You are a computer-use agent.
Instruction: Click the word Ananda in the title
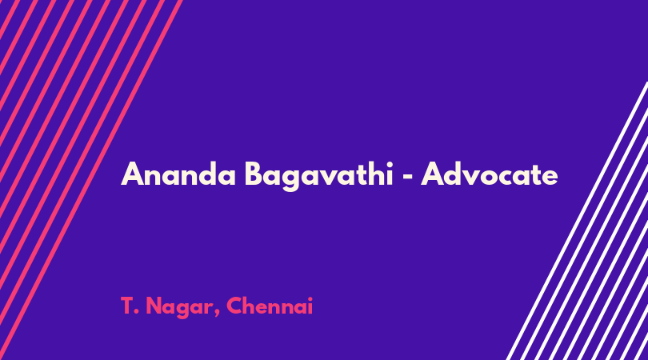click(178, 174)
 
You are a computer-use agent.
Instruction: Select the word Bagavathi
click(318, 175)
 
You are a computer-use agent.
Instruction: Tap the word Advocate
click(490, 174)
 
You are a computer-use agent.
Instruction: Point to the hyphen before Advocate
click(407, 177)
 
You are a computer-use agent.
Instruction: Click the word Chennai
click(270, 306)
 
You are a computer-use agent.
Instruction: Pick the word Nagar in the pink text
click(181, 308)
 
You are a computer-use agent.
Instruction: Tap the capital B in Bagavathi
click(254, 174)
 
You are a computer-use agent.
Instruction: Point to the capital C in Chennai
click(234, 306)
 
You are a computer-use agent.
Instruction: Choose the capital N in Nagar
click(154, 306)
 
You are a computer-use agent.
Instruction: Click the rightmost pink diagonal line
click(90, 180)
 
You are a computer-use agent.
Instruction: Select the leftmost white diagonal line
click(578, 221)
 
